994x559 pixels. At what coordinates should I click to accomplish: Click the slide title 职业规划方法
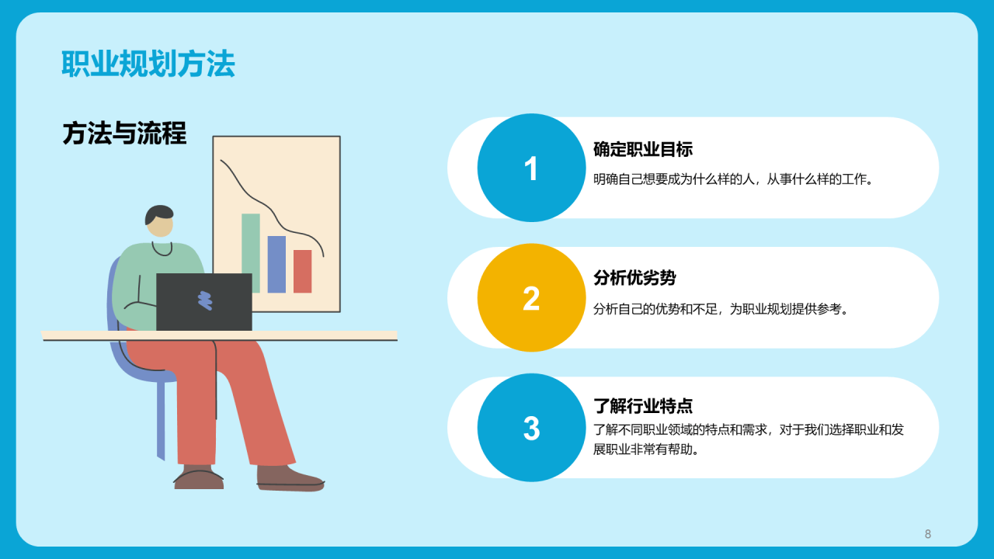pyautogui.click(x=148, y=64)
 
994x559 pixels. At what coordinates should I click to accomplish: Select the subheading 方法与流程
pyautogui.click(x=125, y=133)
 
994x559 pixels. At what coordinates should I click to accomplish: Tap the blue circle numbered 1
pyautogui.click(x=532, y=168)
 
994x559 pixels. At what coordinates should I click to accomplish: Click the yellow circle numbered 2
pyautogui.click(x=532, y=297)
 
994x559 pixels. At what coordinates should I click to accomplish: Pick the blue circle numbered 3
pyautogui.click(x=532, y=428)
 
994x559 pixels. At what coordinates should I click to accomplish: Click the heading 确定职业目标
pyautogui.click(x=643, y=150)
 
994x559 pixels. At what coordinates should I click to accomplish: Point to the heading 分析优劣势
pyautogui.click(x=634, y=278)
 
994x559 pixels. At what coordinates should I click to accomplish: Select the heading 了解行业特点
pyautogui.click(x=643, y=406)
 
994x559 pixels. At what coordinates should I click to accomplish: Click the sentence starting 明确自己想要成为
pyautogui.click(x=734, y=179)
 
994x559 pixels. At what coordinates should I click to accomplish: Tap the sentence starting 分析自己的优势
pyautogui.click(x=721, y=309)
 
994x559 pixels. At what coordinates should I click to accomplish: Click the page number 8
pyautogui.click(x=928, y=534)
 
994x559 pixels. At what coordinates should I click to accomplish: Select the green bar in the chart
pyautogui.click(x=251, y=253)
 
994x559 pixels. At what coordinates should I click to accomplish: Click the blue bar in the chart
pyautogui.click(x=276, y=265)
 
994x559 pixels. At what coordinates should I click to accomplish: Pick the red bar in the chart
pyautogui.click(x=303, y=271)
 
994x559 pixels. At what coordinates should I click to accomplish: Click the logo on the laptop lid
pyautogui.click(x=205, y=300)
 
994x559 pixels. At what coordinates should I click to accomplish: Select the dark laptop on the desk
pyautogui.click(x=204, y=302)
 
